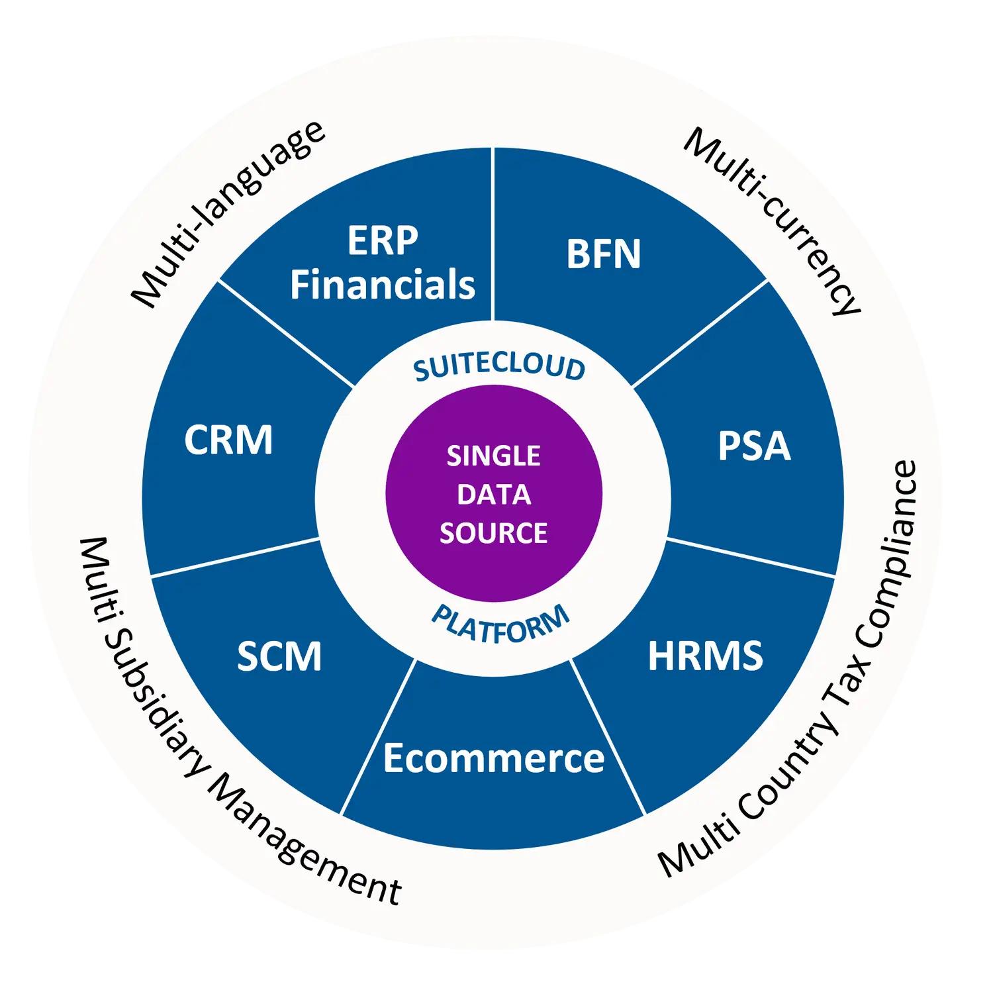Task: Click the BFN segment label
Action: pyautogui.click(x=603, y=254)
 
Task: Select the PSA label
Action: pyautogui.click(x=754, y=446)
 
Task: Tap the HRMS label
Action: pyautogui.click(x=705, y=656)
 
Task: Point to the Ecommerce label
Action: pyautogui.click(x=493, y=758)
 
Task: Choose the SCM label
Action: pyautogui.click(x=279, y=656)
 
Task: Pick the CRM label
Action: pyautogui.click(x=228, y=440)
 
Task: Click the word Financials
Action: pyautogui.click(x=383, y=285)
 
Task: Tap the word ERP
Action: pyautogui.click(x=383, y=240)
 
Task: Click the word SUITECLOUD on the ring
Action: pyautogui.click(x=499, y=366)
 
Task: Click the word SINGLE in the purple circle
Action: pyautogui.click(x=493, y=456)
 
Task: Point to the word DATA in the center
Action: pyautogui.click(x=493, y=495)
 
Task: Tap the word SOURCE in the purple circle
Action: pyautogui.click(x=493, y=533)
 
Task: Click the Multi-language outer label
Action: pyautogui.click(x=228, y=213)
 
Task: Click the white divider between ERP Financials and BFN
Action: pyautogui.click(x=493, y=232)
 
